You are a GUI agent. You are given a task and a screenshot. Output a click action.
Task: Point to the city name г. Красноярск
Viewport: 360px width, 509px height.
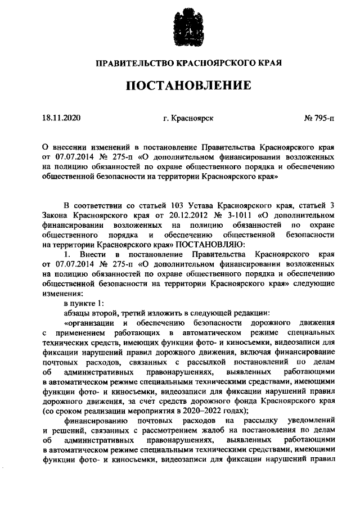point(188,119)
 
